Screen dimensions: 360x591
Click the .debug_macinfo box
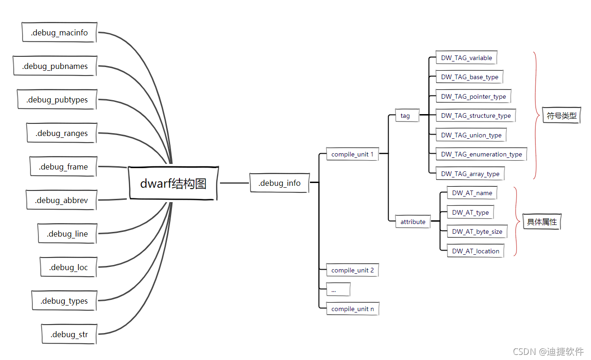[59, 33]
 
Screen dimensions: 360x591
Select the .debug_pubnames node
[55, 66]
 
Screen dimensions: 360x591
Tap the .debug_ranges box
[62, 133]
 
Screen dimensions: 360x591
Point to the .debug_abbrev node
[61, 200]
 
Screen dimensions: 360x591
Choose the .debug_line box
[67, 234]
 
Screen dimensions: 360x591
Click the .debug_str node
[69, 334]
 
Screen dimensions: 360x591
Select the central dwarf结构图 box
[173, 183]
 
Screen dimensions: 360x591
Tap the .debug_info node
[279, 183]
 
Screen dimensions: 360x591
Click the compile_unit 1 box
[352, 154]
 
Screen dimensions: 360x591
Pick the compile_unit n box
[352, 309]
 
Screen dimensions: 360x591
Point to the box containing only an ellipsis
[338, 290]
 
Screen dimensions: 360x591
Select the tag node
[405, 115]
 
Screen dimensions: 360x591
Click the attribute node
[413, 222]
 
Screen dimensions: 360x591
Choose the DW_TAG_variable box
[466, 58]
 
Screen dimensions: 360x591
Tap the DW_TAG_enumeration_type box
[481, 154]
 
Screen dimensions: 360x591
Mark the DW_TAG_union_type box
[471, 135]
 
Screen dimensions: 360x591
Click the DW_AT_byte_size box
[477, 231]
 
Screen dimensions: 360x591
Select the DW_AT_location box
[475, 251]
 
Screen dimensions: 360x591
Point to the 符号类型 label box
[562, 115]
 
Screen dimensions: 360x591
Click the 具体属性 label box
[542, 222]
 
